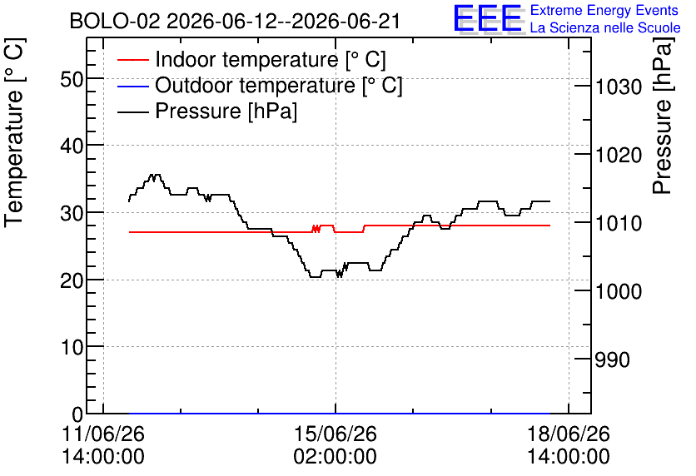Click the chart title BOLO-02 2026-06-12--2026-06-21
(x=235, y=21)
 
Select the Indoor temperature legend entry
(x=251, y=59)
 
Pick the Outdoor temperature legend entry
(x=260, y=85)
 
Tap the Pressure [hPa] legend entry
(x=207, y=111)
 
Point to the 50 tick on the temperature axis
(x=72, y=80)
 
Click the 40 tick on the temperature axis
(x=72, y=146)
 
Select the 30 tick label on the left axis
(x=72, y=213)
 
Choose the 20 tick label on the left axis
(x=72, y=280)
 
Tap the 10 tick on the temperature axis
(x=72, y=347)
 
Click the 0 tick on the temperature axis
(x=77, y=414)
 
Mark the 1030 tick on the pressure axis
(x=619, y=87)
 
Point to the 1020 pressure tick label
(x=619, y=156)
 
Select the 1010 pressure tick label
(x=619, y=223)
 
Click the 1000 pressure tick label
(x=619, y=291)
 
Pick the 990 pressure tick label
(x=613, y=359)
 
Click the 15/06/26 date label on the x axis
(x=336, y=434)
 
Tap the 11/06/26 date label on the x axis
(x=103, y=434)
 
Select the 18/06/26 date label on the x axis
(x=568, y=434)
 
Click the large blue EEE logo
(x=488, y=18)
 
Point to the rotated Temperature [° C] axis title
(x=14, y=133)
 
